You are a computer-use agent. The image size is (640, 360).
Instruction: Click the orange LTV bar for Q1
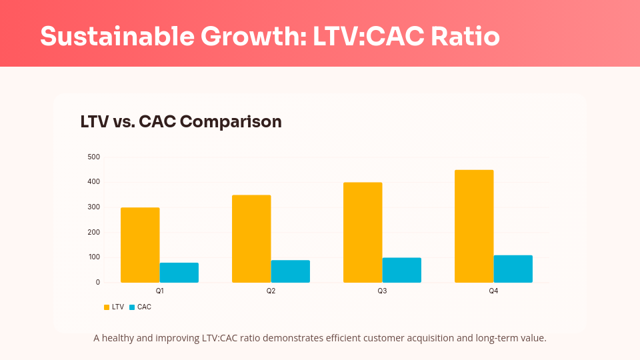pos(140,245)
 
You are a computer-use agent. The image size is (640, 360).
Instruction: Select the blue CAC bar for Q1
pos(179,272)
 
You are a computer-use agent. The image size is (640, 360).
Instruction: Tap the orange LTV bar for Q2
pos(251,239)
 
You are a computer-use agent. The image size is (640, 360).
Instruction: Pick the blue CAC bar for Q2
pos(290,271)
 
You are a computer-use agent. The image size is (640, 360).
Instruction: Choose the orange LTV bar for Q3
pos(363,232)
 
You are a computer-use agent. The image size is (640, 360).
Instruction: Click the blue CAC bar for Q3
pos(401,269)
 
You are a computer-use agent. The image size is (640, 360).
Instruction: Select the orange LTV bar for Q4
pos(474,226)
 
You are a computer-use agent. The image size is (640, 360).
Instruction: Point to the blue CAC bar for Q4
pos(513,269)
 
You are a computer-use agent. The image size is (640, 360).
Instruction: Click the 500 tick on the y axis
pos(93,157)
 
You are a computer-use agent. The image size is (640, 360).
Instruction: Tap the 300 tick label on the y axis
pos(93,207)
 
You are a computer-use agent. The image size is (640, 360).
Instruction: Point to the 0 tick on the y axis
pos(97,282)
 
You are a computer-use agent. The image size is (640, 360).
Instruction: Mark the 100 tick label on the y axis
pos(93,257)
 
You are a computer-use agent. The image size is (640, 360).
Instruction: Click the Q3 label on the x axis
pos(382,291)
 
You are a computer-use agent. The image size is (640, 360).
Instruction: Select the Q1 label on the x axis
pos(159,291)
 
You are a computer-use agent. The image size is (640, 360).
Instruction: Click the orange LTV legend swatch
pos(107,307)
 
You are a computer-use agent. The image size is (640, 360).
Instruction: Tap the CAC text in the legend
pos(144,307)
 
